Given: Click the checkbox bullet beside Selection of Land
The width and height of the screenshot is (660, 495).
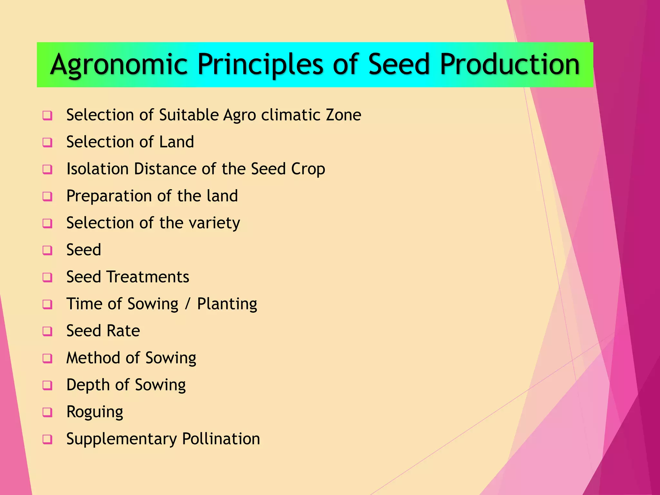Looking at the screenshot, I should tap(47, 142).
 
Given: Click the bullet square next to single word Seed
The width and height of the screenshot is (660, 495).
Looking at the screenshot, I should tap(47, 250).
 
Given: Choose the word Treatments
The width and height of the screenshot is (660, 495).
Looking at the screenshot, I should tap(148, 277).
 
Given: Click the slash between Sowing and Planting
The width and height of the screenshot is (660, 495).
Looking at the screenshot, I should tap(188, 304).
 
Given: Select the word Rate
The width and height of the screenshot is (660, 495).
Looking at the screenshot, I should tap(123, 331).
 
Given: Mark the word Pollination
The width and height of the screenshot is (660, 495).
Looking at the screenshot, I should tap(221, 439).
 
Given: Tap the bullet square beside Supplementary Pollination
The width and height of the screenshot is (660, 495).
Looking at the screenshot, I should tap(47, 439).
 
